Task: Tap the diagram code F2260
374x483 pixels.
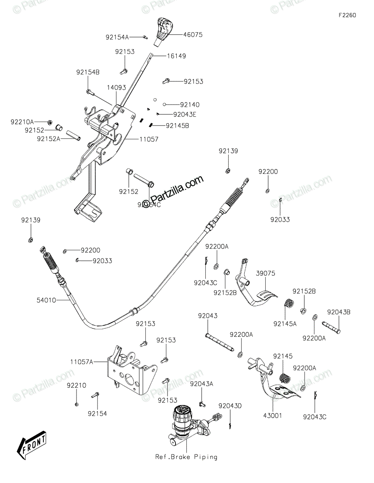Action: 347,15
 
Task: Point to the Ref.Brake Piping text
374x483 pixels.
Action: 186,457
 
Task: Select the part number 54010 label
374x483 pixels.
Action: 46,300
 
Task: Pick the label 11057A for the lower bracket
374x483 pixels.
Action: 82,362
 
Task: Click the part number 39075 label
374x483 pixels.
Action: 266,274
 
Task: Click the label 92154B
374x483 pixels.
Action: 88,72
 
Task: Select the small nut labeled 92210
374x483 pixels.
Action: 76,404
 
